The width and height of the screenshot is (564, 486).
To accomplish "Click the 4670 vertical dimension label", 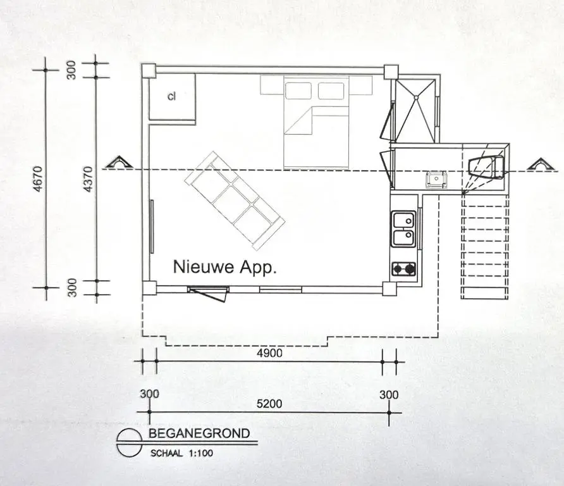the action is (x=39, y=179).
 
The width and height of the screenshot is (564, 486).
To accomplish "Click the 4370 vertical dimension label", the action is (x=88, y=179).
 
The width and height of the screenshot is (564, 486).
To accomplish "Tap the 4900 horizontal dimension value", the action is (x=269, y=353).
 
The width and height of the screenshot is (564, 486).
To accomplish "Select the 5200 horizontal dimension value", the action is (x=269, y=404).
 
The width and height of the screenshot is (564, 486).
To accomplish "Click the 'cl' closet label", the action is (x=171, y=96).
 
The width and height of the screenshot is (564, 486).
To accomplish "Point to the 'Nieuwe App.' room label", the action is (x=225, y=267).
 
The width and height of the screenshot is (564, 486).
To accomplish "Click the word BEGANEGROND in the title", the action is (x=199, y=433).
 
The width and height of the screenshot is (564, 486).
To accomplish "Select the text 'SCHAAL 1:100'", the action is (x=181, y=453).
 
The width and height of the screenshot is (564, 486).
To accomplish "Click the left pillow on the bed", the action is (x=298, y=90).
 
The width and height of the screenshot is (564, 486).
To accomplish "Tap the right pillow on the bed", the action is (x=331, y=90).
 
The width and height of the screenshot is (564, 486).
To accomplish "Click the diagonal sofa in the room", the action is (x=235, y=201).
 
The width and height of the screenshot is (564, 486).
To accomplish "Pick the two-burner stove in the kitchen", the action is (x=403, y=268).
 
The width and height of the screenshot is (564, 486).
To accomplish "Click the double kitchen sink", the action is (x=403, y=228).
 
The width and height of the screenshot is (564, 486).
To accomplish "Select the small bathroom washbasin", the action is (x=436, y=179).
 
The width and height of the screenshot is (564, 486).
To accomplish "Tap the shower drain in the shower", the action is (x=416, y=97).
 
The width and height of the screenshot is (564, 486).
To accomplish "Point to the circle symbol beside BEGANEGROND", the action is (x=129, y=443).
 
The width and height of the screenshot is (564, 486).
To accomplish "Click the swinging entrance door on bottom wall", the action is (x=209, y=294).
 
